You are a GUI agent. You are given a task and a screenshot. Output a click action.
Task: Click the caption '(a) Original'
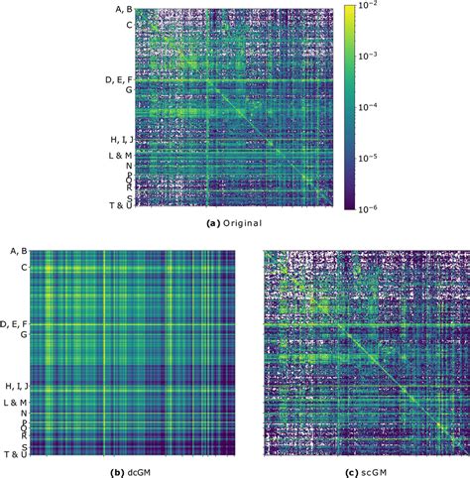click(234, 224)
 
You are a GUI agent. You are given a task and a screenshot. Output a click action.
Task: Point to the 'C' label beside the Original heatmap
click(128, 24)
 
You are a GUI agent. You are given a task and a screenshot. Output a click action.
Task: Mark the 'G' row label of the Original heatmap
click(128, 90)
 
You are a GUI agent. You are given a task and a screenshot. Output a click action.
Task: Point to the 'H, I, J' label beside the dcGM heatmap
click(17, 385)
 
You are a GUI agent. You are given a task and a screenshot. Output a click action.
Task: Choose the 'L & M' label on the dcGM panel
click(17, 402)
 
